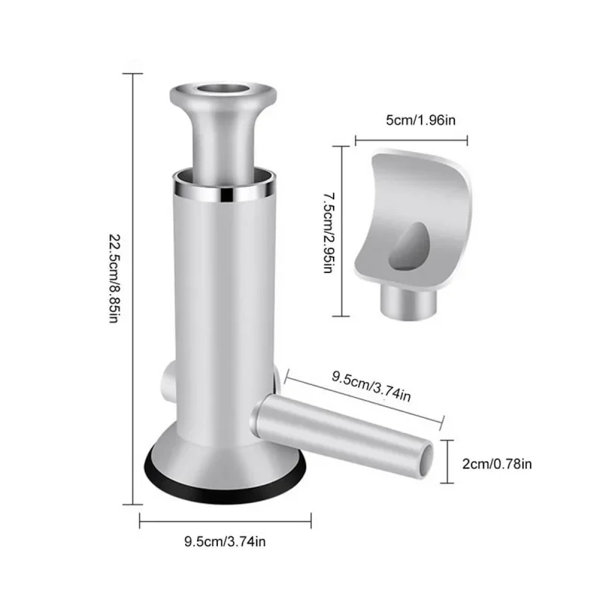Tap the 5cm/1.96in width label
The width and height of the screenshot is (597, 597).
(420, 120)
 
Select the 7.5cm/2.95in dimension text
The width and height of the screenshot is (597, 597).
(328, 233)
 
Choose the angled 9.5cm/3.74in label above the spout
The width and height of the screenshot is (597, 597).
(371, 387)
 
